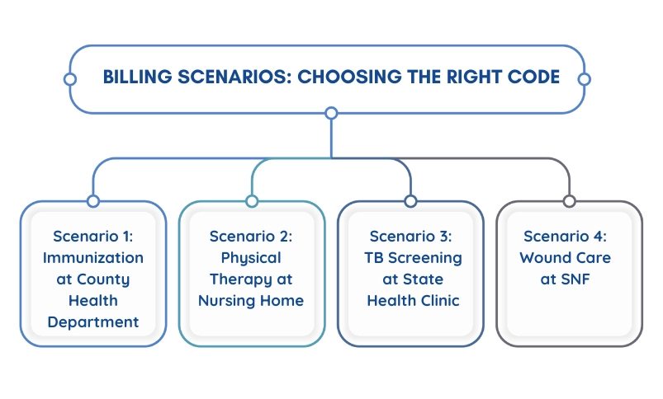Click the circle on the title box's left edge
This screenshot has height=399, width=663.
[x=70, y=79]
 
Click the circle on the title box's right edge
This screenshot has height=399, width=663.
[x=584, y=79]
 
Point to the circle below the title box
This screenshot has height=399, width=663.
[x=331, y=112]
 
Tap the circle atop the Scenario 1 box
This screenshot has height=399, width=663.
[x=92, y=201]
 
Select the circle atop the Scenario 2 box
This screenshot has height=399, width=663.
[x=252, y=201]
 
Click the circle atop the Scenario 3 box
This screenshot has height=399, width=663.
[x=410, y=201]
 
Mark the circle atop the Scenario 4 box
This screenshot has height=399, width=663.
[x=569, y=201]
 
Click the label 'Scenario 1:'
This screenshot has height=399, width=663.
[x=92, y=237]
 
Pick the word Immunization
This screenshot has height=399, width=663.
[x=92, y=258]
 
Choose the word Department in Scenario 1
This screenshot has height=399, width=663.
[x=92, y=322]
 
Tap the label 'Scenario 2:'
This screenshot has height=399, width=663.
[x=251, y=237]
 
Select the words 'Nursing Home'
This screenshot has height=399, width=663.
[x=251, y=301]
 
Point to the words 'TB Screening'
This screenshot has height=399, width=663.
[x=410, y=258]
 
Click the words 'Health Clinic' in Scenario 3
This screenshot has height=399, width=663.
[x=410, y=301]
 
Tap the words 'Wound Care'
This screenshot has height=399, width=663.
[x=566, y=258]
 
